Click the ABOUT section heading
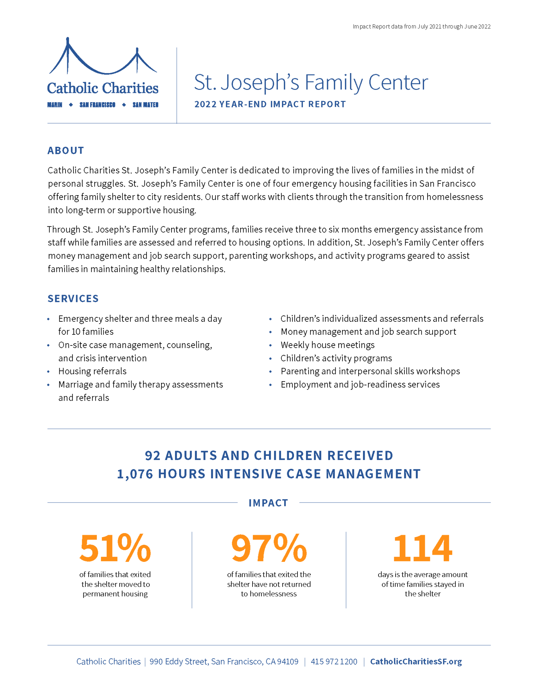[x=66, y=150]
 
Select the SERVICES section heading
[x=73, y=298]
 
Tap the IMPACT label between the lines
[x=268, y=503]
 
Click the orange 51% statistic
[x=115, y=548]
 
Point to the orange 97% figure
[x=269, y=548]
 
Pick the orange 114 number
[x=422, y=548]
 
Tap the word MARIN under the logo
[x=55, y=105]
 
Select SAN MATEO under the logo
[x=145, y=105]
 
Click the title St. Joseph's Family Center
[x=311, y=82]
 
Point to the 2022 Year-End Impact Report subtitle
[x=270, y=104]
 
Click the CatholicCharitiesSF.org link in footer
[x=416, y=661]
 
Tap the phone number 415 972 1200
[x=334, y=661]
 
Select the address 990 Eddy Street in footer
[x=224, y=661]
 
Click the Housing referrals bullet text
[x=92, y=371]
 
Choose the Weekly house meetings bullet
[x=327, y=345]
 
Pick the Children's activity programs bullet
[x=336, y=358]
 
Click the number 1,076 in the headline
[x=134, y=474]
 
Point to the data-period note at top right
[x=421, y=27]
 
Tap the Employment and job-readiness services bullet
[x=360, y=385]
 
